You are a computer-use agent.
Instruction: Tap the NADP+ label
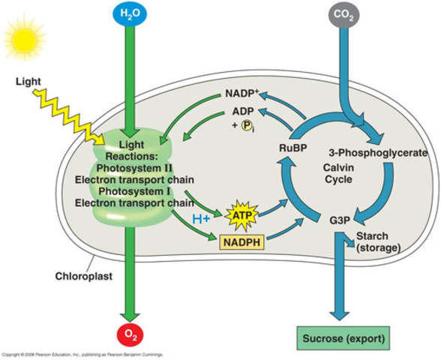(x=243, y=95)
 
